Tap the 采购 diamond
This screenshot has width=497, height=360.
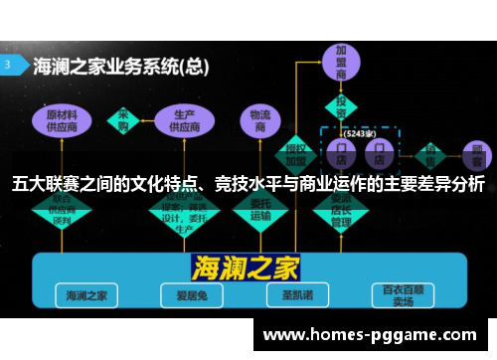click(125, 117)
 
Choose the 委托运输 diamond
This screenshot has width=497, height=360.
click(260, 211)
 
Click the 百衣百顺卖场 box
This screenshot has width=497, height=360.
click(405, 295)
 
